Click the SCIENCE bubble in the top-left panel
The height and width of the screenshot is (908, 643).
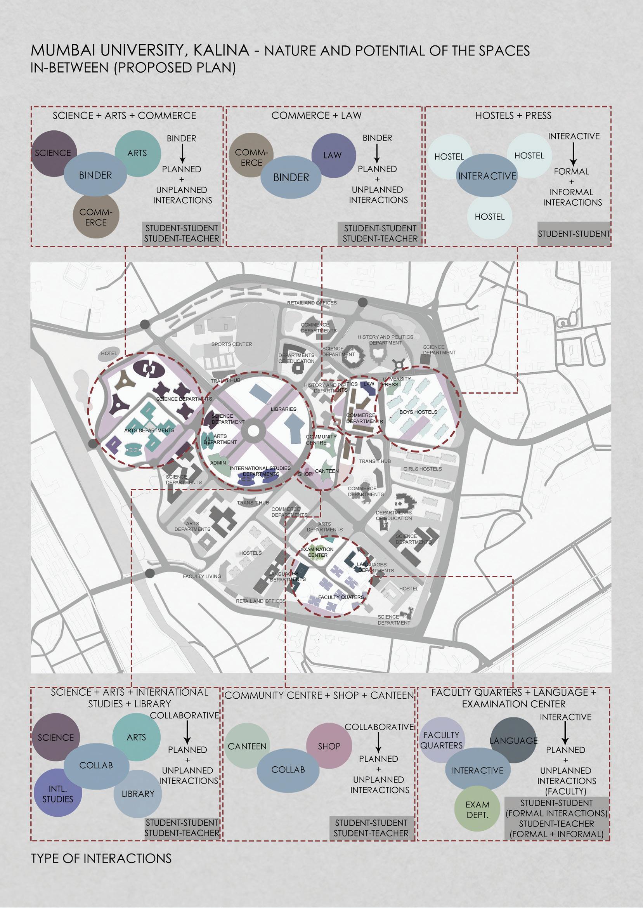[x=52, y=153]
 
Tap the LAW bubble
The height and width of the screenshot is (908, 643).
[x=333, y=155]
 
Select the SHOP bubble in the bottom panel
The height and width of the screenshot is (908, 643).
[x=329, y=747]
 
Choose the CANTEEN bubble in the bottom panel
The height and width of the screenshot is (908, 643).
[x=247, y=747]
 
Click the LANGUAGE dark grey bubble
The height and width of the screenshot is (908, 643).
[x=513, y=741]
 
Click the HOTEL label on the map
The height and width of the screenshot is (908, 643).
[x=109, y=353]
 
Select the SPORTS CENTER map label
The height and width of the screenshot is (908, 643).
[x=231, y=344]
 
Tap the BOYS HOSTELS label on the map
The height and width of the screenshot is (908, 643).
[x=418, y=412]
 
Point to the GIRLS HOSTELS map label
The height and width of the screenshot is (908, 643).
[x=423, y=469]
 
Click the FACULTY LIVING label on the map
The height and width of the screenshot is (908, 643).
[x=202, y=576]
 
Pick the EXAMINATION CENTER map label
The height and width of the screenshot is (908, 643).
[x=317, y=552]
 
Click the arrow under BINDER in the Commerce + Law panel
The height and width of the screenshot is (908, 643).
[x=377, y=153]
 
